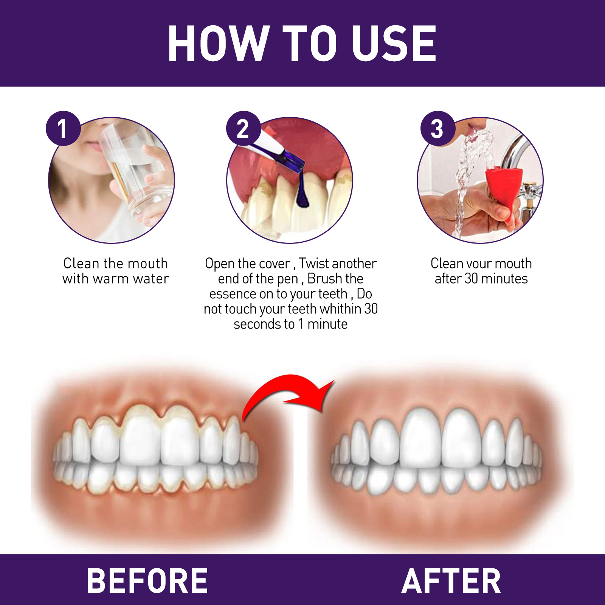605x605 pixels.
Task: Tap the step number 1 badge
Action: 63,128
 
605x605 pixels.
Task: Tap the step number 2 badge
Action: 243,128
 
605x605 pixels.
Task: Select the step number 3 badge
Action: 437,128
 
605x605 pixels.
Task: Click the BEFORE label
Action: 147,581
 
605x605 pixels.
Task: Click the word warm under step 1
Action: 110,279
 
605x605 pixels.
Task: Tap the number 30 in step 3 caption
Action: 471,279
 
